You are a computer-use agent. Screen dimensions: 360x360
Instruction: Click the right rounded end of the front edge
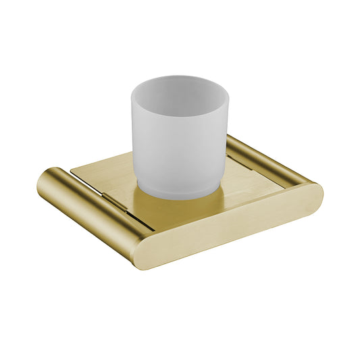313,196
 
